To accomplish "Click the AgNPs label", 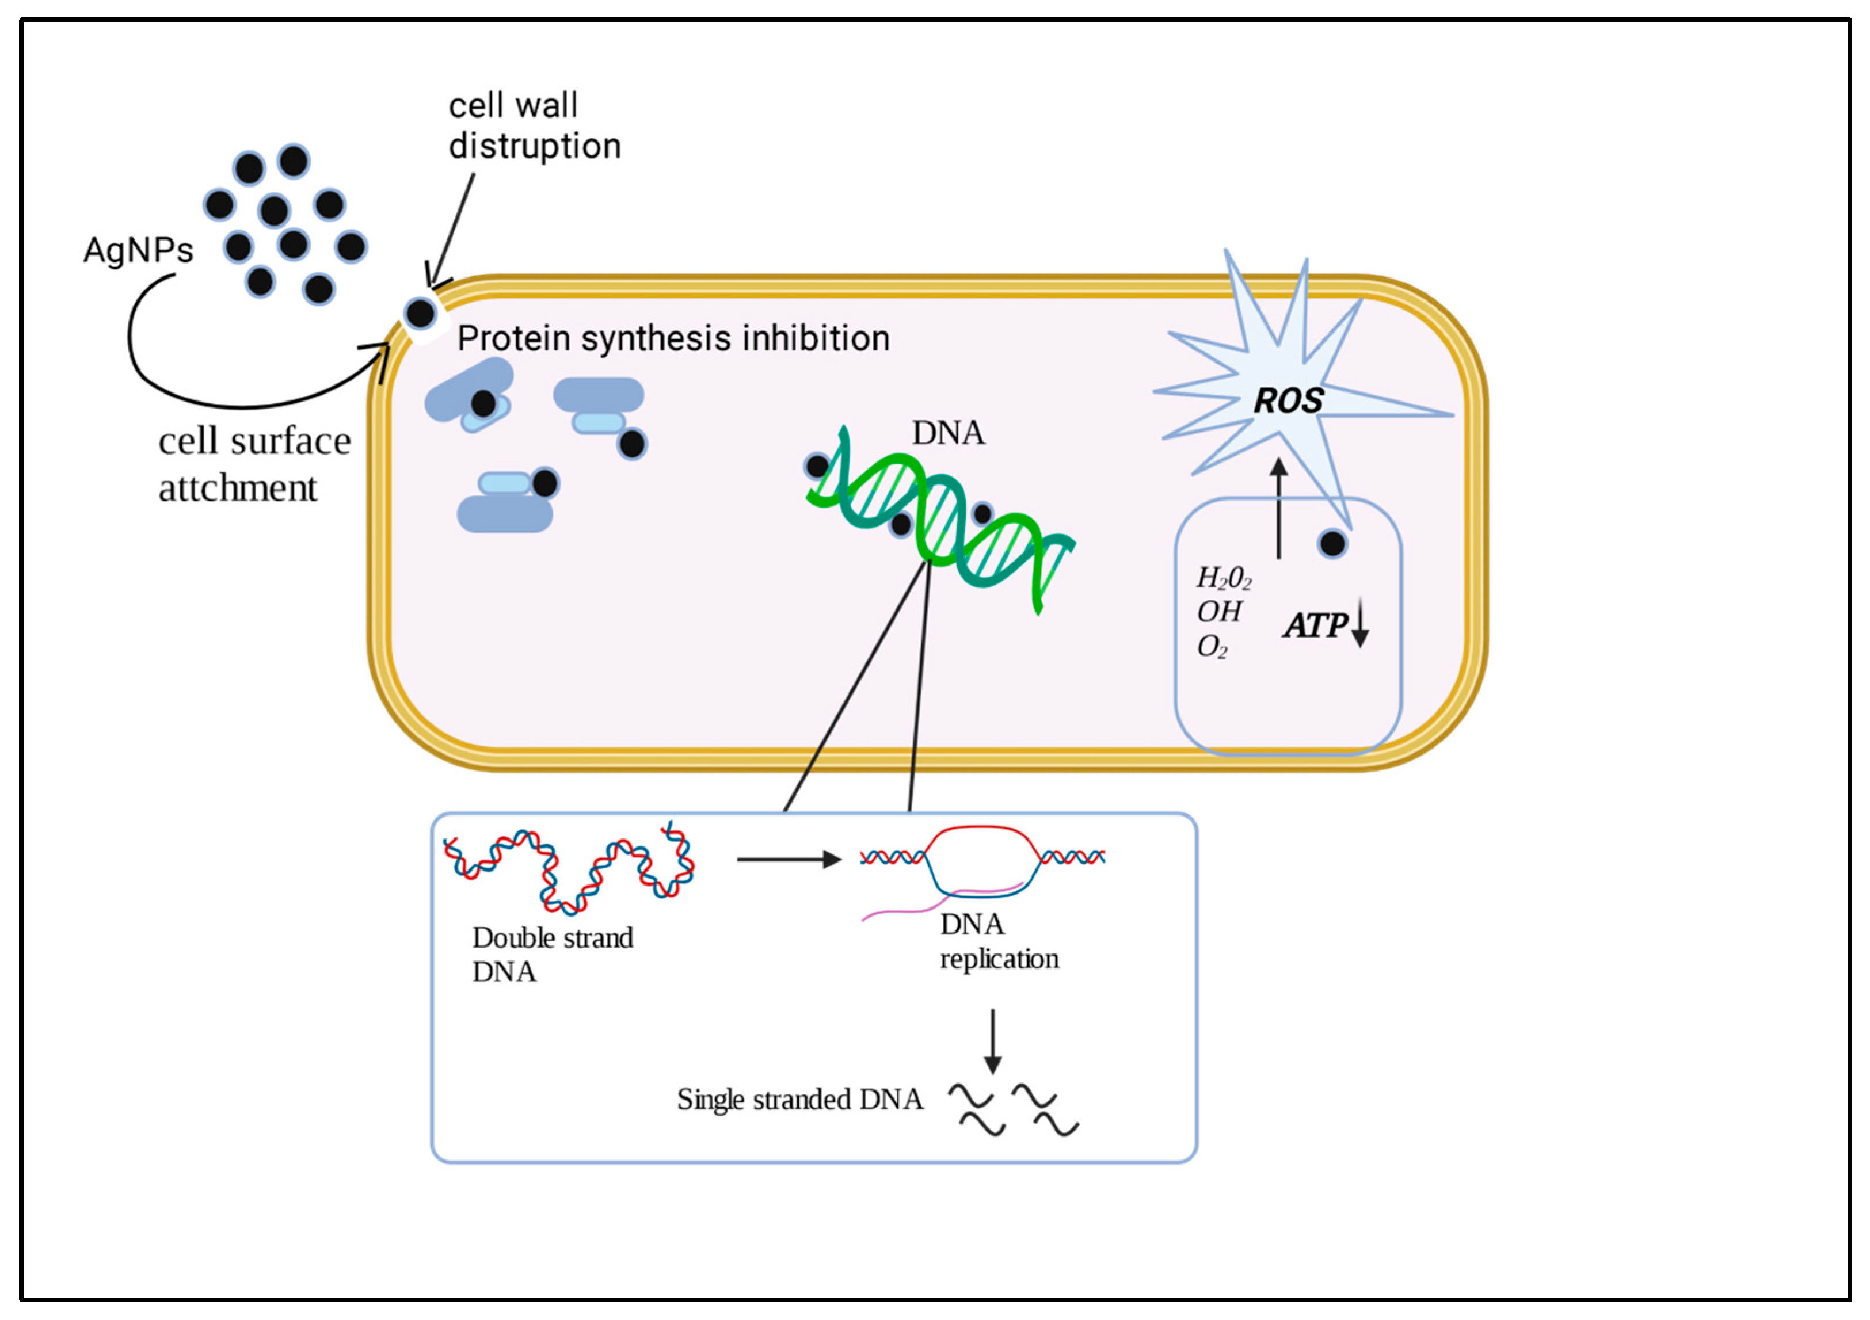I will [139, 250].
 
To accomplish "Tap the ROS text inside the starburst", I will [1288, 400].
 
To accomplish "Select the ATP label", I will [1315, 625].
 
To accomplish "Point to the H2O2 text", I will [1222, 579].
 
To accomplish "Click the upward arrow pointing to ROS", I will [1279, 508].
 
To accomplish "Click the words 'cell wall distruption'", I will [534, 126].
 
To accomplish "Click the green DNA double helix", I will [940, 521].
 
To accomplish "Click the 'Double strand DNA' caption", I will [551, 955].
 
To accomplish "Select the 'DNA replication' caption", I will [999, 942].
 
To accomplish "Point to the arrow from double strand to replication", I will [787, 859].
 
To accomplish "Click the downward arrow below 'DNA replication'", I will [992, 1041].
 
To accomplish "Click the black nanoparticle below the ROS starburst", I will [1332, 543].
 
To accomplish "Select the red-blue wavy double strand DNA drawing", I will [569, 869].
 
